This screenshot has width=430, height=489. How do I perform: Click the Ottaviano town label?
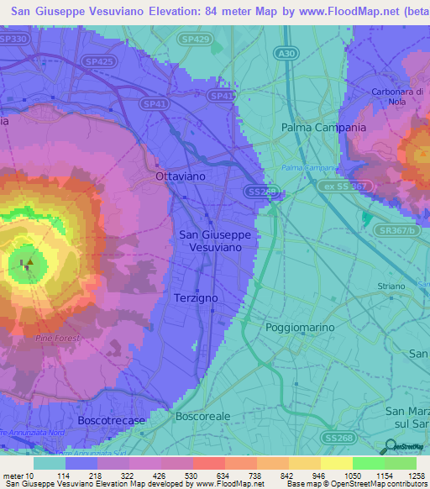[x=181, y=177]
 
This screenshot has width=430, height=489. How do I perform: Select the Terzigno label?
[x=197, y=298]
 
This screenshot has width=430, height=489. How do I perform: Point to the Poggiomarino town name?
[x=299, y=327]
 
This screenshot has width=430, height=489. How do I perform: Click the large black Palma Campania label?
[x=323, y=128]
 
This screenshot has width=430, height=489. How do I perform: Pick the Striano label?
[x=391, y=310]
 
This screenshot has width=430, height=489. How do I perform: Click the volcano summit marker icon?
[x=29, y=263]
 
